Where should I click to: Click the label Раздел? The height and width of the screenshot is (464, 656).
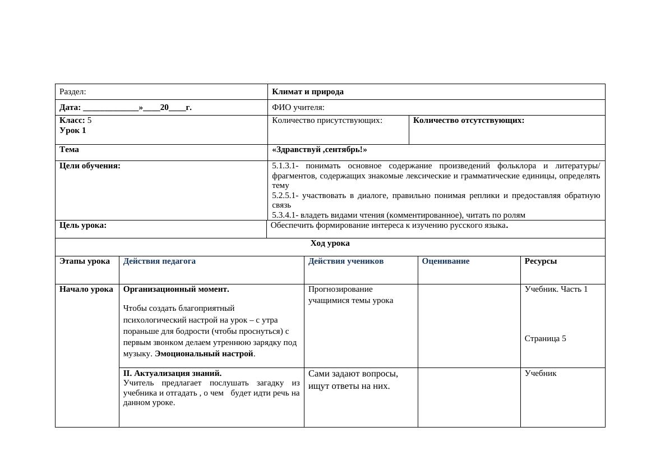pos(73,92)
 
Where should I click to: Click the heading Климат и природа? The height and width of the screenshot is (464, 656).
pos(308,92)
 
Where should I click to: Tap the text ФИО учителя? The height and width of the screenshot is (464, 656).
pos(298,108)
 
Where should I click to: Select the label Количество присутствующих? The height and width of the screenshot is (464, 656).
pos(327,121)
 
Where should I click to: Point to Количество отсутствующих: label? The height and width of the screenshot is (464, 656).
pos(469,121)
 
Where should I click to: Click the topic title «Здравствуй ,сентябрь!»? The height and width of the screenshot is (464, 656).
pos(320,150)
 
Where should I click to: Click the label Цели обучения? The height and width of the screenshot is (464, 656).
pos(90,166)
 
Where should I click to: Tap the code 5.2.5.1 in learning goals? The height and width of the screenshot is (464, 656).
pos(285,196)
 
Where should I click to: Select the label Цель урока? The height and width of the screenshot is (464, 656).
pos(83,226)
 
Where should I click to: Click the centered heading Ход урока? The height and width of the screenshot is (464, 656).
pos(330,244)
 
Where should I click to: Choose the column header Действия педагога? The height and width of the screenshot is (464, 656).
pos(159,261)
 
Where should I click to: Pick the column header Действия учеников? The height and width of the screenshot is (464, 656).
pos(346,261)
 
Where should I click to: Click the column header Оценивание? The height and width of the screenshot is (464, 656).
pos(446,261)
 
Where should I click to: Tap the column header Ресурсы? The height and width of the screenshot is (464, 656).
pos(540,261)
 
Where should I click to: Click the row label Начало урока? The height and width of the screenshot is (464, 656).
pos(86,290)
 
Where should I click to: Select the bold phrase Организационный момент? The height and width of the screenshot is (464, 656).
pos(176,290)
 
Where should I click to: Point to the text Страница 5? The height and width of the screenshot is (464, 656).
pos(546,339)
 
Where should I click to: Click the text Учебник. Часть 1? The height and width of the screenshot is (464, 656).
pos(556,290)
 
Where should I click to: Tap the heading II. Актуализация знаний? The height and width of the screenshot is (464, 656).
pos(172,373)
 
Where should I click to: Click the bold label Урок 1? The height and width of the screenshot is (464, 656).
pos(73,131)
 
